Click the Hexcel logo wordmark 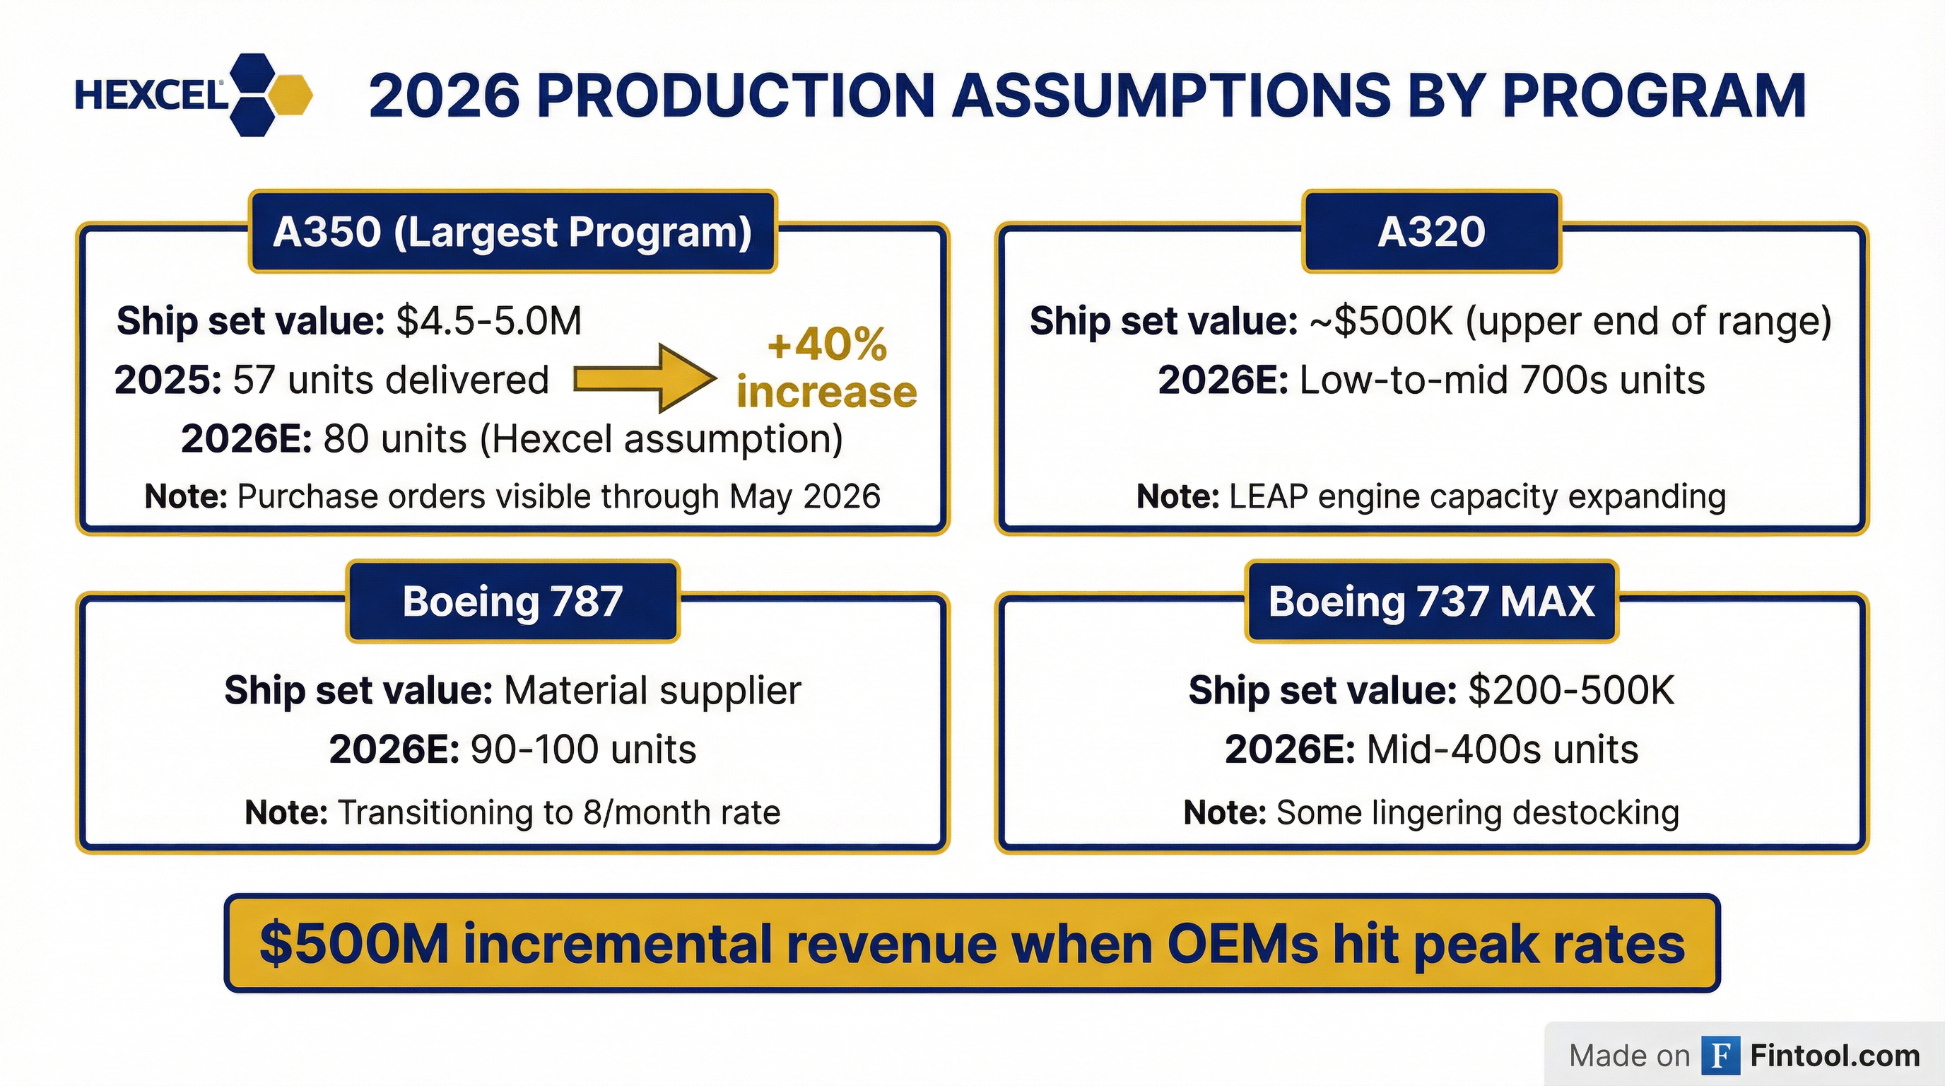pos(151,96)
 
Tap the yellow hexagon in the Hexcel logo pos(290,95)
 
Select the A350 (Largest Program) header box pos(512,232)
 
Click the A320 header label pos(1430,232)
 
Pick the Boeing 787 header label pos(512,601)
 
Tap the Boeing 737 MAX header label pos(1430,601)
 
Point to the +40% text pos(827,344)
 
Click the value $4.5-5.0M pos(488,321)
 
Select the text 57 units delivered pos(390,379)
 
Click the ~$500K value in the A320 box pos(1381,321)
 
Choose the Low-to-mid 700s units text pos(1501,379)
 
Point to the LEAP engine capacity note pos(1476,497)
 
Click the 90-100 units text pos(582,749)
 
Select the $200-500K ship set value pos(1570,690)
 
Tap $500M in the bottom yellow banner pos(353,944)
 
